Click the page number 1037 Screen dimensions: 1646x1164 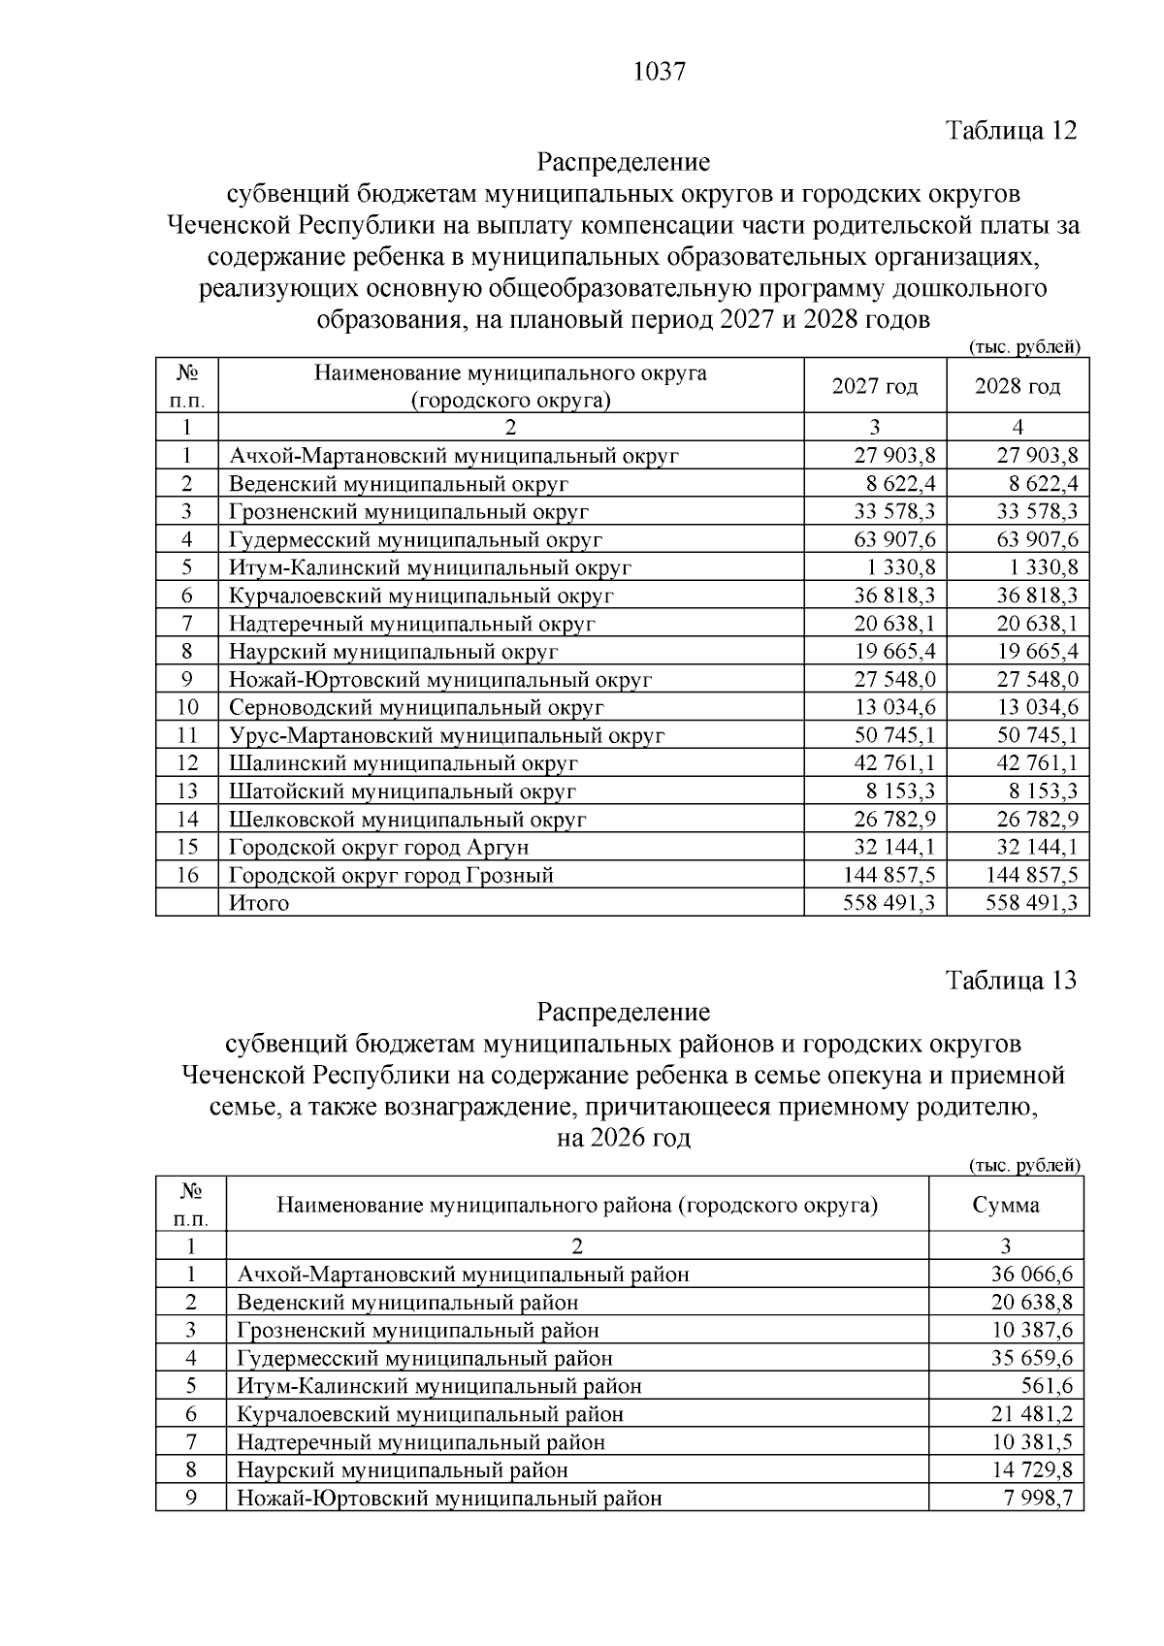[659, 72]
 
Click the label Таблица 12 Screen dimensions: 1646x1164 [1011, 130]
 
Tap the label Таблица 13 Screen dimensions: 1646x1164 [1011, 980]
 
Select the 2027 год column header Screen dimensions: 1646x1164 [874, 386]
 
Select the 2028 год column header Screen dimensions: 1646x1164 [1017, 386]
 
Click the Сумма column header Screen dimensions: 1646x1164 [1005, 1205]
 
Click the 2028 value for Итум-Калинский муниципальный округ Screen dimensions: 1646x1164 [1040, 567]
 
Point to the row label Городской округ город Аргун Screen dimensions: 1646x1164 [378, 847]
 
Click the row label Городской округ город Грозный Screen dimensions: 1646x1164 [391, 875]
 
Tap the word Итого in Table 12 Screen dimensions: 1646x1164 [259, 903]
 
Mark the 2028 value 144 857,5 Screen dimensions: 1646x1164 [1031, 875]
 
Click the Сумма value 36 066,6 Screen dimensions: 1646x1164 [1031, 1274]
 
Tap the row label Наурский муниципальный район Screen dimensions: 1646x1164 [403, 1469]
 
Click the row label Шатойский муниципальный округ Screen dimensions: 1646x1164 [403, 791]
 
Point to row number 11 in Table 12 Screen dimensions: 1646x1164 [187, 735]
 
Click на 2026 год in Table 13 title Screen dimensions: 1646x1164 [623, 1137]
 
